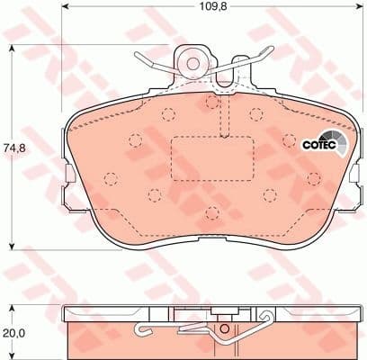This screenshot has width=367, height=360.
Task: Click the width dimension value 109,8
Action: point(203,13)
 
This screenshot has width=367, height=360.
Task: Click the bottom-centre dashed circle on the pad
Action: point(210,211)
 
